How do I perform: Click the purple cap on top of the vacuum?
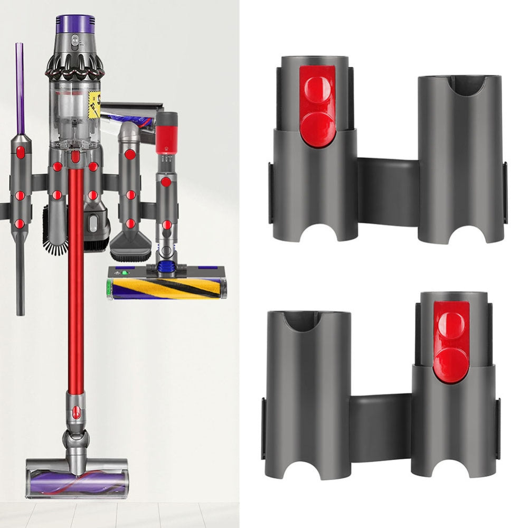point(74,24)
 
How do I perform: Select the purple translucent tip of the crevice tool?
point(20,87)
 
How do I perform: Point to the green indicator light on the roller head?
point(126,273)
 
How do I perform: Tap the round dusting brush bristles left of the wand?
point(55,238)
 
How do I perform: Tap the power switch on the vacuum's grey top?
point(75,39)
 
